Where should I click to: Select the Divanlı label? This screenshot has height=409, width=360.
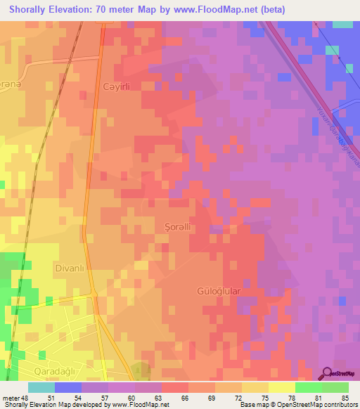69,268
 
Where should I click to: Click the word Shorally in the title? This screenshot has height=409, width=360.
32,10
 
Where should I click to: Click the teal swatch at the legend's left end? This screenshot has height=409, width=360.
41,387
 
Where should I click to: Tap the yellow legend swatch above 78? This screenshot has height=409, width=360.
281,387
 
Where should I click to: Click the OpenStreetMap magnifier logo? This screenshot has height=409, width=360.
326,373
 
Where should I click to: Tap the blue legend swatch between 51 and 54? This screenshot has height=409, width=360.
68,387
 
